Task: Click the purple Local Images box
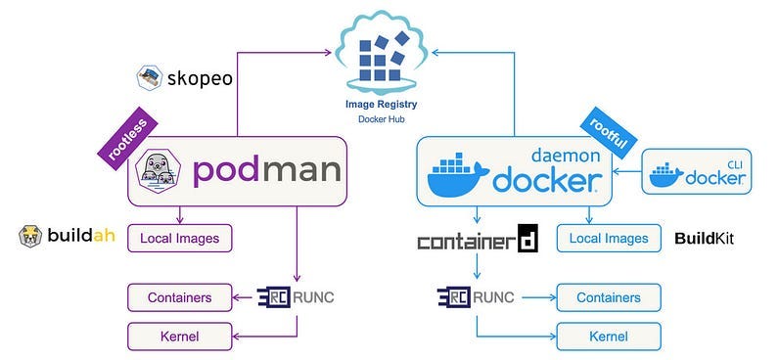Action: pyautogui.click(x=179, y=237)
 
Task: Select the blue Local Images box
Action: pyautogui.click(x=609, y=238)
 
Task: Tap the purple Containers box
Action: pyautogui.click(x=180, y=297)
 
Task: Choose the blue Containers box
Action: pyautogui.click(x=609, y=297)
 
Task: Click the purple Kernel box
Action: pyautogui.click(x=180, y=337)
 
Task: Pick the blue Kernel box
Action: pyautogui.click(x=609, y=337)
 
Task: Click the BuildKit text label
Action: pyautogui.click(x=704, y=238)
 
